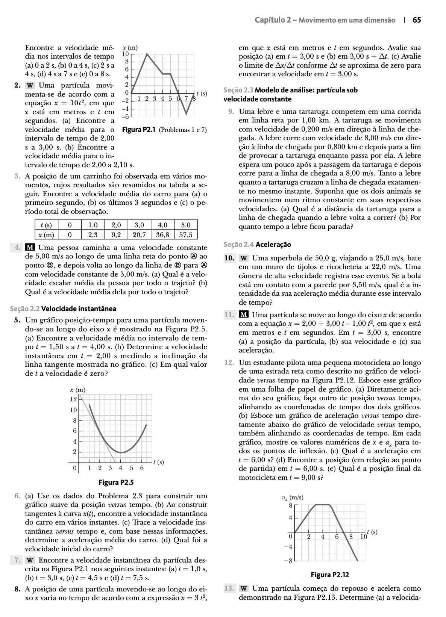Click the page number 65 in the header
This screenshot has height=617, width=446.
point(417,20)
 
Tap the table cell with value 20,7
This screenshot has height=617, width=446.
point(139,235)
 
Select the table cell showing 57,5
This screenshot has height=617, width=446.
point(186,235)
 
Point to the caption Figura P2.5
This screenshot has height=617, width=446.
point(116,482)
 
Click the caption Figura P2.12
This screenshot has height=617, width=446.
point(330,575)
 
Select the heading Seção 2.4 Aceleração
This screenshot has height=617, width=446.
point(257,245)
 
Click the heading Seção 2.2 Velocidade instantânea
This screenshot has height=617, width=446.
point(63,309)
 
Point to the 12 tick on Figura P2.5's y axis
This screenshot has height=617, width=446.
point(73,399)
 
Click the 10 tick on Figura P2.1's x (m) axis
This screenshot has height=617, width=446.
point(126,54)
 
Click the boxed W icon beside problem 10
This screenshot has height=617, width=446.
point(244,259)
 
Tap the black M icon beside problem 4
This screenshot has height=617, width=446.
point(30,248)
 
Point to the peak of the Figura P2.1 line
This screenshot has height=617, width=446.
point(147,54)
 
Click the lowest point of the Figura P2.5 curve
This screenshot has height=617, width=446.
point(121,452)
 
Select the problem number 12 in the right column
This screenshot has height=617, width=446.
point(229,363)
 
